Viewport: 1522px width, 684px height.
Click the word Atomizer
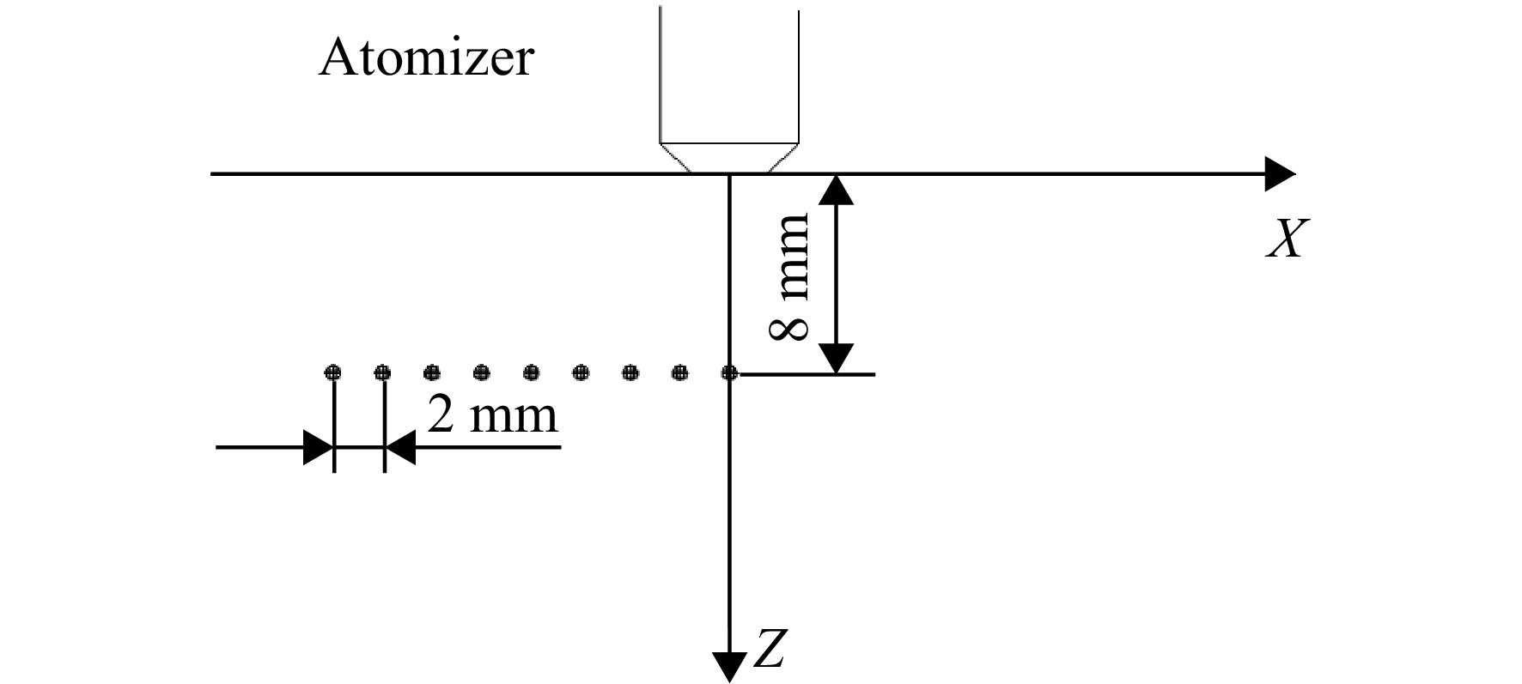pos(426,59)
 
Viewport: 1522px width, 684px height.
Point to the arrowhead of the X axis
pos(1281,174)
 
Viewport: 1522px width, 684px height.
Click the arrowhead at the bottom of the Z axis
pos(729,667)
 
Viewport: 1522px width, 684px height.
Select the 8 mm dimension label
pos(789,276)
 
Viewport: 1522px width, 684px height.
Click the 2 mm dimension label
pos(492,415)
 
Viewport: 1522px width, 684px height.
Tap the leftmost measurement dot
pos(333,372)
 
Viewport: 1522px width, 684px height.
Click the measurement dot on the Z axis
pos(729,372)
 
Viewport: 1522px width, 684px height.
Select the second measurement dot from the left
pos(383,372)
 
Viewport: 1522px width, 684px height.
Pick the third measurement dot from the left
pos(432,372)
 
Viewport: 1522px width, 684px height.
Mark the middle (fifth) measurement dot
pos(532,372)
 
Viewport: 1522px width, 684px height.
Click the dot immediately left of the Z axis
pos(680,372)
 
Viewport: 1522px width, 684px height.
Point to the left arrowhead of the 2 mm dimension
pos(319,447)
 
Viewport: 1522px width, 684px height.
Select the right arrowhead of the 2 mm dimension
pos(400,447)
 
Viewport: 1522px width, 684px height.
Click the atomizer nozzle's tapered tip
pos(729,157)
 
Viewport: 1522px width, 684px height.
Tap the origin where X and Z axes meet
pos(729,174)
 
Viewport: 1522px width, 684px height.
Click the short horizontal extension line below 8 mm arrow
pos(807,374)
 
